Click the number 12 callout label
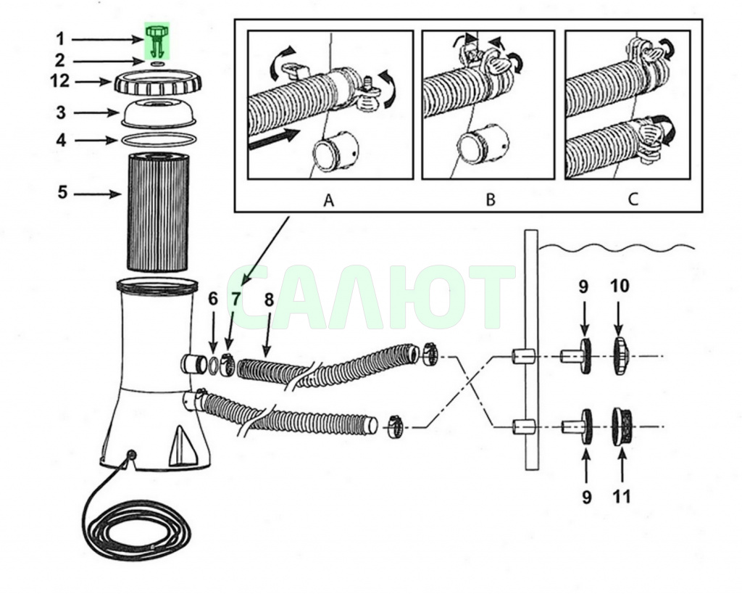(x=59, y=81)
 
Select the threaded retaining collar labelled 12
(x=157, y=83)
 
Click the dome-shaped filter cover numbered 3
(x=157, y=113)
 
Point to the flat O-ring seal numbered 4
(x=157, y=140)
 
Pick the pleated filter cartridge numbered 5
(x=157, y=211)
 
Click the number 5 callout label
(x=62, y=193)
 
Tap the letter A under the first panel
(x=329, y=200)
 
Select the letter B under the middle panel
(x=491, y=200)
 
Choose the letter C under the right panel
(x=633, y=199)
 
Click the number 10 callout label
(x=620, y=286)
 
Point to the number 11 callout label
(x=621, y=496)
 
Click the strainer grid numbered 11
(x=621, y=426)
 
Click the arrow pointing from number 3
(x=96, y=112)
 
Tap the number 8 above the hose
(x=269, y=300)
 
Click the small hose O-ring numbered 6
(x=214, y=364)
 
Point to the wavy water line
(x=617, y=247)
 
